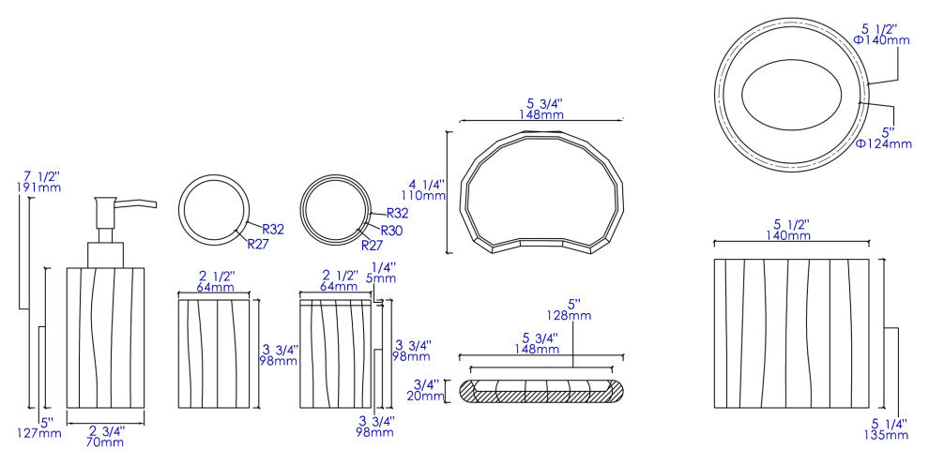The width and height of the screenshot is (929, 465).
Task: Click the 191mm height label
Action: (39, 187)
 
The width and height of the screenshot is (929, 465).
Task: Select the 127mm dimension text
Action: (39, 433)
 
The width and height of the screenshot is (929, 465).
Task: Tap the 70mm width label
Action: (105, 442)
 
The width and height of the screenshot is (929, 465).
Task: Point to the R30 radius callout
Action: (391, 231)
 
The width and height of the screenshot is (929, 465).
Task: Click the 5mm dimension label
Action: (380, 278)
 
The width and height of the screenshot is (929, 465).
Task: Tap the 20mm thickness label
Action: (425, 396)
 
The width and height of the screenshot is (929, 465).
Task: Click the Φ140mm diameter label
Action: (881, 40)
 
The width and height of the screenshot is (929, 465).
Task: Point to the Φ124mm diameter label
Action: (883, 143)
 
